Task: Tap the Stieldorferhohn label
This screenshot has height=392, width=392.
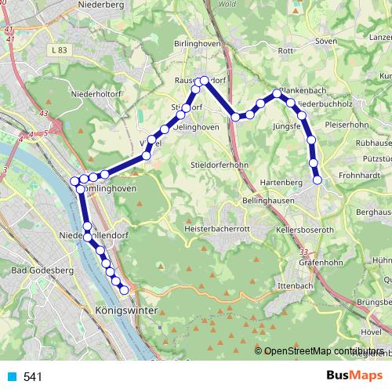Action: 219,165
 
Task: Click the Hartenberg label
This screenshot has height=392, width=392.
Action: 279,182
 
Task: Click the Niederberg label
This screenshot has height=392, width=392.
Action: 101,5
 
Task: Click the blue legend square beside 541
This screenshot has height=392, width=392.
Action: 12,377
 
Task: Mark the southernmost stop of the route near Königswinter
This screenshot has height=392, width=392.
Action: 124,291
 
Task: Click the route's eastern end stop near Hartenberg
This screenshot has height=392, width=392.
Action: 318,180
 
